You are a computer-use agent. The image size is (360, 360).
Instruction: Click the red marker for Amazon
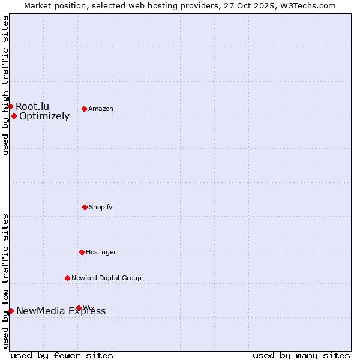(x=84, y=109)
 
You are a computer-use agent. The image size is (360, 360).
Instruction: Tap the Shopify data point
(x=85, y=207)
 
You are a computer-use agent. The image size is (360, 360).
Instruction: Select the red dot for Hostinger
(x=82, y=252)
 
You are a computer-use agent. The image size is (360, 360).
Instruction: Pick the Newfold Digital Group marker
(x=67, y=278)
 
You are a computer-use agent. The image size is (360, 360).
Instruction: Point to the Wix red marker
(x=79, y=308)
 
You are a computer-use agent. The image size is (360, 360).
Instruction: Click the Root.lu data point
(x=10, y=106)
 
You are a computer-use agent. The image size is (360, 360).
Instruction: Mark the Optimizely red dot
(x=14, y=116)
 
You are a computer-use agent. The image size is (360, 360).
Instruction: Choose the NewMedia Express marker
(x=11, y=311)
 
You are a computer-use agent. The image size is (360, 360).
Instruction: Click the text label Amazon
(x=101, y=109)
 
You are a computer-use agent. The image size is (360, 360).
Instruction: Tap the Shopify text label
(x=101, y=207)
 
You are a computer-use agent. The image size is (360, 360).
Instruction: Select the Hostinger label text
(x=101, y=252)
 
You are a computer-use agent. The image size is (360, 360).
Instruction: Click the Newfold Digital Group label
(x=106, y=278)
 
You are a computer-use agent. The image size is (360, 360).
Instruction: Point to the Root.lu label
(x=32, y=106)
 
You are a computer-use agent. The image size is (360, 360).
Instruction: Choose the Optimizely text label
(x=44, y=116)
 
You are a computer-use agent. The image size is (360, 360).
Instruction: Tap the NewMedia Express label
(x=61, y=311)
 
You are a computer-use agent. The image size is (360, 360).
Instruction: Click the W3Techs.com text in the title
(x=310, y=5)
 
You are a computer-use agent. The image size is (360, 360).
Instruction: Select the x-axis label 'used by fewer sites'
(x=62, y=355)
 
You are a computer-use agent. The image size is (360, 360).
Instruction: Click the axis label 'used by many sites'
(x=301, y=355)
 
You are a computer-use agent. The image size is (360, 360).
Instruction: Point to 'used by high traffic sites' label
(x=5, y=86)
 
